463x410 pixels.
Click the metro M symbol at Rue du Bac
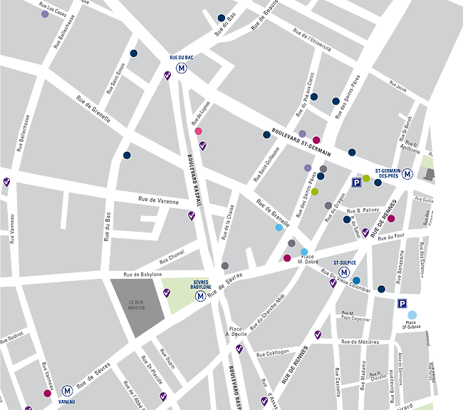click(182, 68)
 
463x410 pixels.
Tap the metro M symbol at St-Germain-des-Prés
click(408, 173)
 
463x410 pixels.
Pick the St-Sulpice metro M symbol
click(344, 272)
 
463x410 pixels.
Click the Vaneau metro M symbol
click(67, 391)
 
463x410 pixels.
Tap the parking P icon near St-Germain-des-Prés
click(355, 183)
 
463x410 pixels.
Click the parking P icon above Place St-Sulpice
click(402, 303)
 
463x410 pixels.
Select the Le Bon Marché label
click(137, 304)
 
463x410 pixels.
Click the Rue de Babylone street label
click(142, 274)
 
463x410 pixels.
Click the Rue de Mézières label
click(360, 342)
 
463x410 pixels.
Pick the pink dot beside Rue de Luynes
click(198, 130)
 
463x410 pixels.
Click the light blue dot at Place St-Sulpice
click(412, 314)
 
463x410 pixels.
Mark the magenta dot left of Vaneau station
click(47, 393)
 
